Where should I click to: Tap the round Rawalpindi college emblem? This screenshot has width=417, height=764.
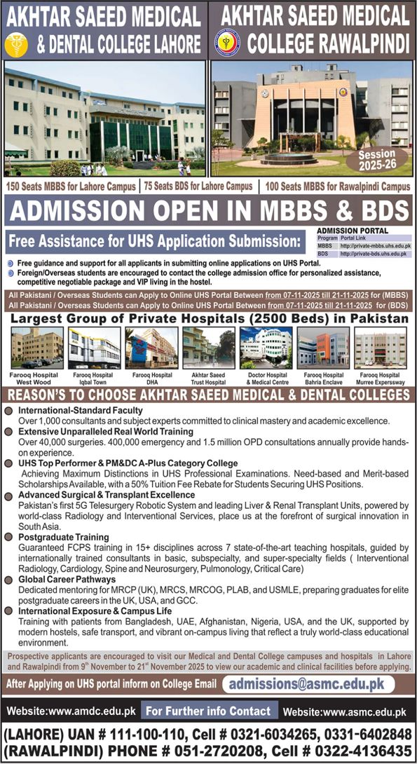pyautogui.click(x=226, y=42)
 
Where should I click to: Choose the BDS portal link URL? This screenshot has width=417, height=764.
pyautogui.click(x=374, y=254)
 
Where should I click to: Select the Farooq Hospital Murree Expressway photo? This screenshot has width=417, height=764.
pyautogui.click(x=379, y=348)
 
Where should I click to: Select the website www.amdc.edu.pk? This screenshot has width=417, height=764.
pyautogui.click(x=70, y=712)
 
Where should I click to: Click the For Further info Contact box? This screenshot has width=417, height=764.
pyautogui.click(x=207, y=711)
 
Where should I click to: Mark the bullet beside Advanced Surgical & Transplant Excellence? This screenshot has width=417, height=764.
pyautogui.click(x=10, y=496)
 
